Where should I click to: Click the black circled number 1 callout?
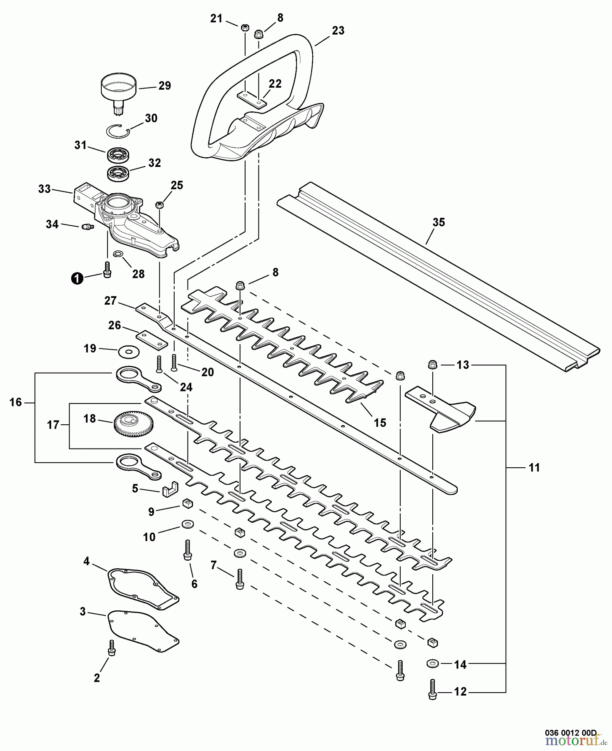(76, 278)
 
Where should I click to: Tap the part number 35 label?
(439, 222)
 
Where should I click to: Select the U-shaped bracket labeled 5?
(169, 488)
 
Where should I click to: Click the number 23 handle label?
(338, 30)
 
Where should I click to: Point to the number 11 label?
(534, 468)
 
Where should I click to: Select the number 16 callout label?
(15, 403)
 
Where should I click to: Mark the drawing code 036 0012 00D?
(571, 733)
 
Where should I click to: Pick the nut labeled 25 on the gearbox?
(159, 204)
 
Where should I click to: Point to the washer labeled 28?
(118, 254)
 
